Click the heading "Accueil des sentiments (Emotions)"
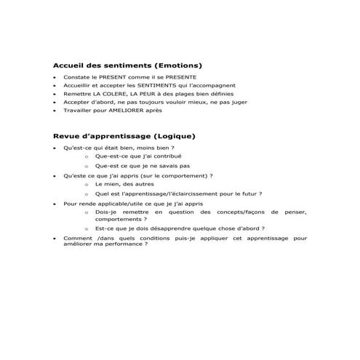pos(127,65)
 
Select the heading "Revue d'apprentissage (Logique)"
pos(124,135)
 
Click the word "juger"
pos(239,103)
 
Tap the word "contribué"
pos(167,156)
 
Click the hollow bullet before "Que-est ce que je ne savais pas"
pos(87,166)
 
